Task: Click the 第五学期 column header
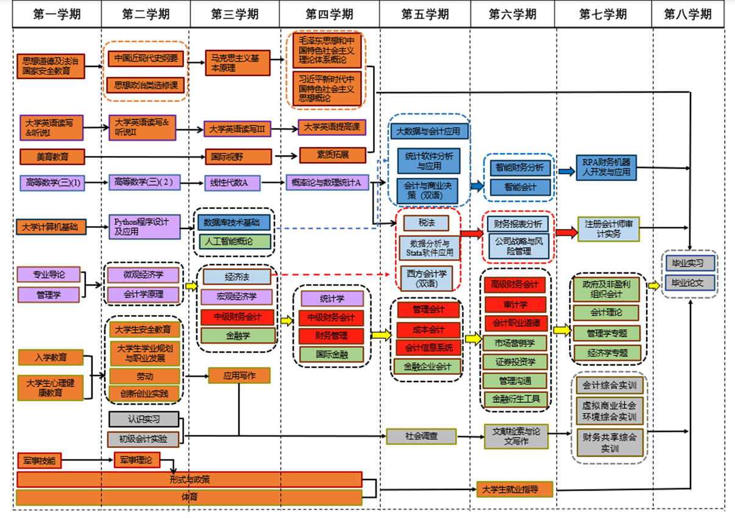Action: point(425,14)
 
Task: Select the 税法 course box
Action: point(426,223)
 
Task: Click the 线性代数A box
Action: point(232,182)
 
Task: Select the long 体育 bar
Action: point(190,497)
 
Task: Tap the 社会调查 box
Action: point(421,436)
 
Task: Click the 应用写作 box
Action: point(239,375)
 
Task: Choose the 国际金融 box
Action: point(332,353)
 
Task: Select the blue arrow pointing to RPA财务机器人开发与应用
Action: point(566,172)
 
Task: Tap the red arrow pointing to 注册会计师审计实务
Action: point(565,232)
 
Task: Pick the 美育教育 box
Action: point(51,157)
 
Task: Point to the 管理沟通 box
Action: point(515,381)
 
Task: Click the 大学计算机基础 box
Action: point(50,228)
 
